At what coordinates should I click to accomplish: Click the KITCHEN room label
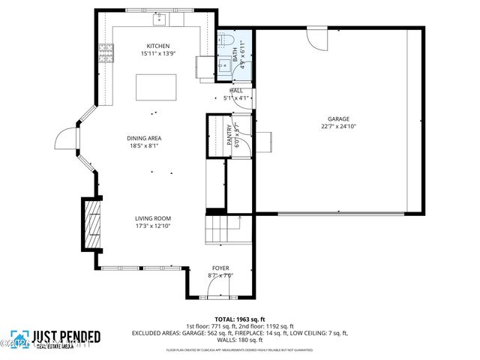157,46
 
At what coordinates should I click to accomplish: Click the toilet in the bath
226,40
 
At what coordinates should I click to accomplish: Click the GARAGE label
338,118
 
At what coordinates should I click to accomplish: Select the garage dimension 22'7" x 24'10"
338,126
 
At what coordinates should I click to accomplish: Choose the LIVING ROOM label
153,218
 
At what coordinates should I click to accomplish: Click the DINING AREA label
144,138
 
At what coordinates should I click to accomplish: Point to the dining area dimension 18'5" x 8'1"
144,145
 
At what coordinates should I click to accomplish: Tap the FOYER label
220,268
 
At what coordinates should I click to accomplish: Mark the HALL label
235,91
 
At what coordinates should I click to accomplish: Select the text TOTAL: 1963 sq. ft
239,319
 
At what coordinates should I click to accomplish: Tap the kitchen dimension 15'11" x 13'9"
157,53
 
